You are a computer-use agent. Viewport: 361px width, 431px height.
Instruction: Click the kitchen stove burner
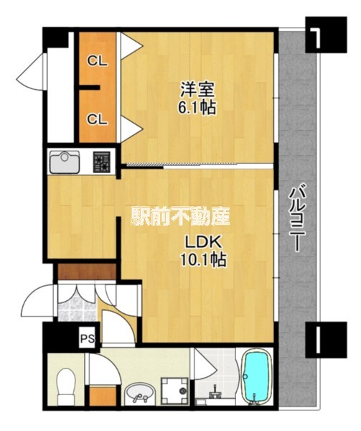(x=102, y=162)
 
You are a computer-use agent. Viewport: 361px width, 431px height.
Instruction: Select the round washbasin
(x=140, y=393)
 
